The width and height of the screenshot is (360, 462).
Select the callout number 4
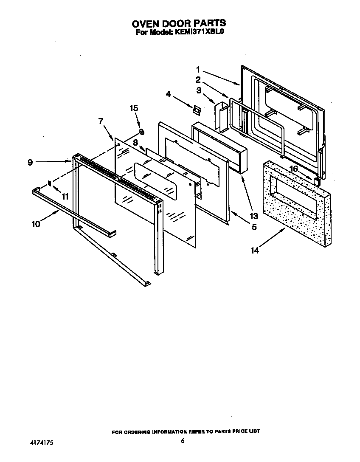pyautogui.click(x=169, y=94)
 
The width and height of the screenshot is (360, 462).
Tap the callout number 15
pyautogui.click(x=134, y=108)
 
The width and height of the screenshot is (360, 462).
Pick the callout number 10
pyautogui.click(x=36, y=224)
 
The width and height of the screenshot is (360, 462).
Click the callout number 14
pyautogui.click(x=254, y=251)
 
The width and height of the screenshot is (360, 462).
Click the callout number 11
pyautogui.click(x=65, y=196)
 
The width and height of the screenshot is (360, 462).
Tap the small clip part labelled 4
pyautogui.click(x=196, y=110)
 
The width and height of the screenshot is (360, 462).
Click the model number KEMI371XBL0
pyautogui.click(x=199, y=31)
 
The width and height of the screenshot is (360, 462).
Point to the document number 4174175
pyautogui.click(x=41, y=442)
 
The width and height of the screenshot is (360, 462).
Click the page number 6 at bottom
pyautogui.click(x=183, y=441)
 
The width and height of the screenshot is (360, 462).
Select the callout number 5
pyautogui.click(x=254, y=227)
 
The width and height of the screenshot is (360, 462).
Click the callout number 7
pyautogui.click(x=101, y=121)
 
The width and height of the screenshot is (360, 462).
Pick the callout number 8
pyautogui.click(x=135, y=143)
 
